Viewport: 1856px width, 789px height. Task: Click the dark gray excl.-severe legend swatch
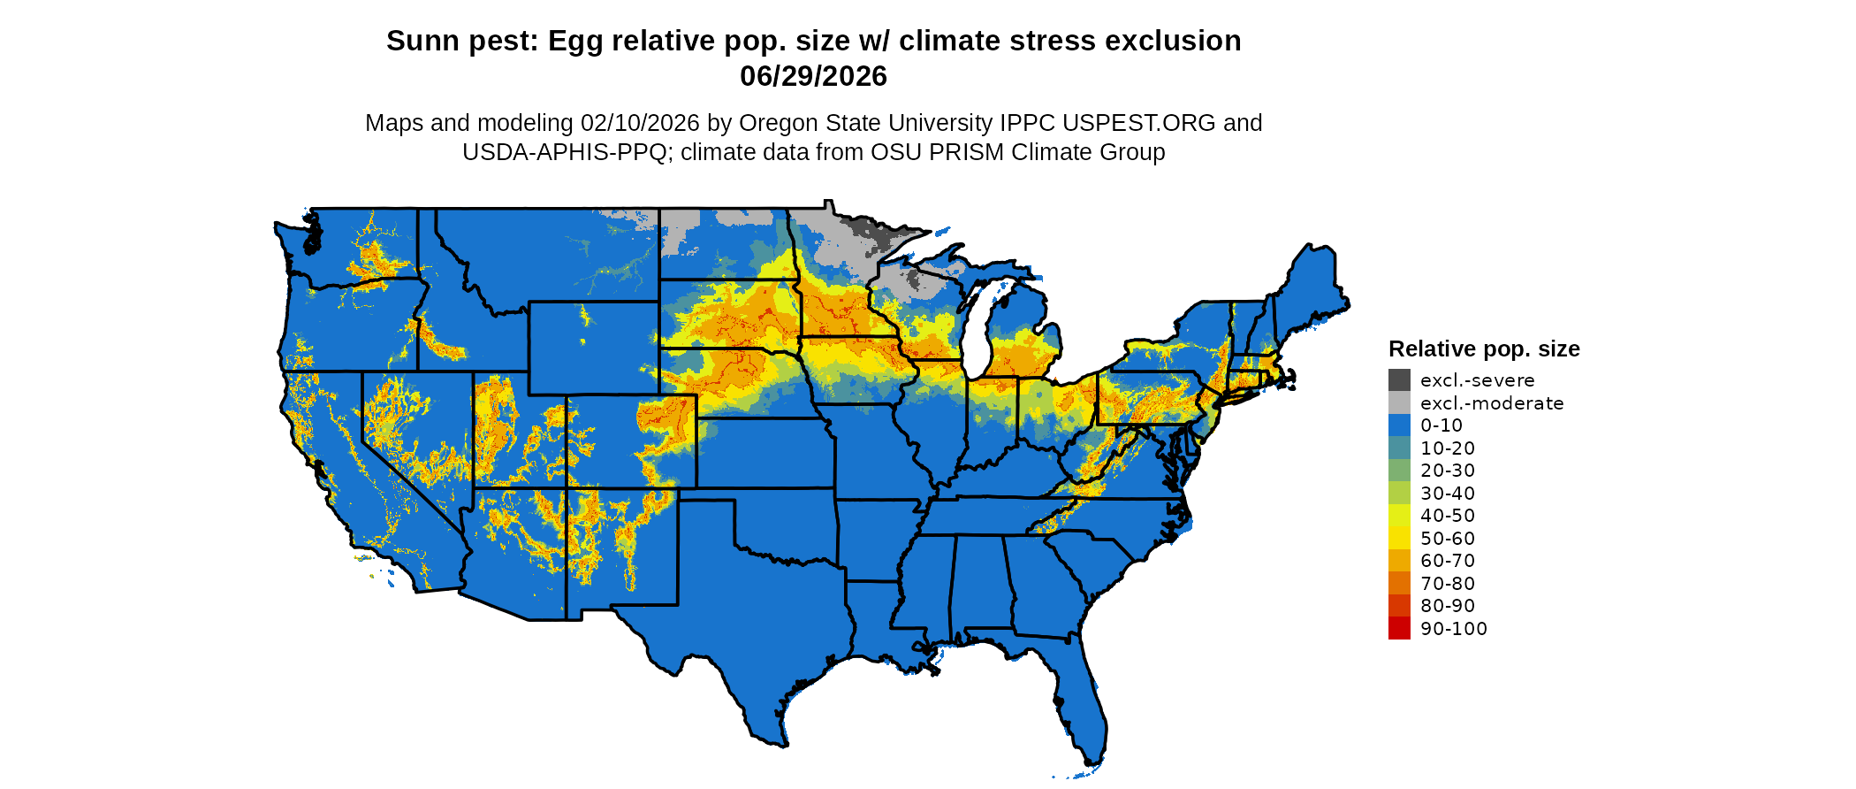click(x=1399, y=380)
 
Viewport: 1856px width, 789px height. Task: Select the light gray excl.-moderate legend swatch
click(x=1399, y=402)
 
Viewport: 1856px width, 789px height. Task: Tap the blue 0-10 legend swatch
click(x=1399, y=425)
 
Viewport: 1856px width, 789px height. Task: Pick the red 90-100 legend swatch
click(x=1399, y=628)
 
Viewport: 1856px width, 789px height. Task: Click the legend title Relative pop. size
click(x=1484, y=349)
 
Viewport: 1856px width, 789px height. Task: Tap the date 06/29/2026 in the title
click(x=813, y=76)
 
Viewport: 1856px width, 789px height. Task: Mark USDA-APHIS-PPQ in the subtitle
click(x=564, y=152)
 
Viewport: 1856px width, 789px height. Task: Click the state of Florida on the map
click(x=1083, y=699)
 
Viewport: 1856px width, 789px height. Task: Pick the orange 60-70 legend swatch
click(x=1399, y=561)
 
